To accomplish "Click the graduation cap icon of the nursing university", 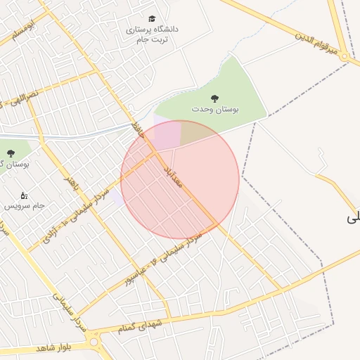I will [x=153, y=19].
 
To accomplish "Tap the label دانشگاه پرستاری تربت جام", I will [x=152, y=34].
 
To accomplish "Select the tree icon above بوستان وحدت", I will [x=214, y=98].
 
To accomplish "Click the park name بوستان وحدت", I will [x=215, y=110].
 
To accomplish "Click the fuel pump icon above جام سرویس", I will [x=25, y=195].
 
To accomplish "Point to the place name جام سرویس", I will [x=25, y=206].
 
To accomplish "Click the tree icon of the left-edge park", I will [x=10, y=152].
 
